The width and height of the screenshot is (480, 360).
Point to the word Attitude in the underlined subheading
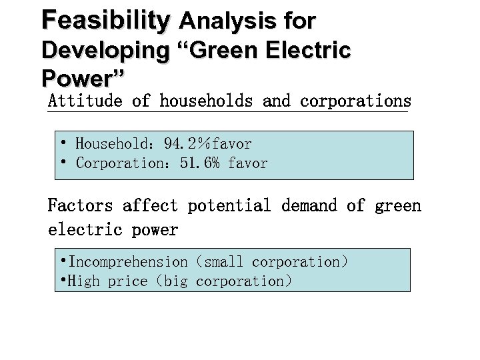pos(85,101)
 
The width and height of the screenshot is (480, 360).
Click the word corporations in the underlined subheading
pos(355,101)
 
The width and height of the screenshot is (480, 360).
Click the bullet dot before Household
pos(62,143)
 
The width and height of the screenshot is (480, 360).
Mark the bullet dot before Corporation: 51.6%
pos(62,162)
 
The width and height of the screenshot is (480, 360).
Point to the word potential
pos(229,205)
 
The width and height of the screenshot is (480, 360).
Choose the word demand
pos(309,205)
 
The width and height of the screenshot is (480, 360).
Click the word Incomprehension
pos(128,262)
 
